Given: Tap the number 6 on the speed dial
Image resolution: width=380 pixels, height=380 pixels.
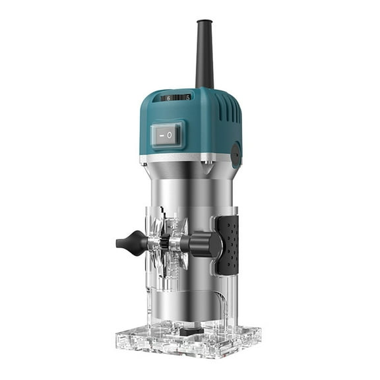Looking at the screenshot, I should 168,98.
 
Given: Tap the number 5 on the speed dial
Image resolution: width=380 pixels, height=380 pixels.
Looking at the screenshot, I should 187,97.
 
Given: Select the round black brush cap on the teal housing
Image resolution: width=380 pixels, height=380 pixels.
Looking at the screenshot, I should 236,153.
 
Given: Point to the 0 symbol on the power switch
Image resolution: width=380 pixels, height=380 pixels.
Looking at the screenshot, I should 170,135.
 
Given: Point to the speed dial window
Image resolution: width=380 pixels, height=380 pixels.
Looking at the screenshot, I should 177,98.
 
